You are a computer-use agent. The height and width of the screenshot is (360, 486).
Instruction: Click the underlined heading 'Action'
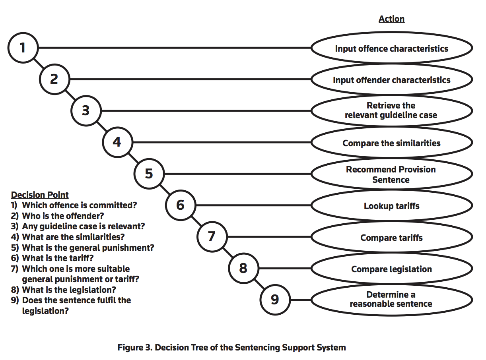click(392, 19)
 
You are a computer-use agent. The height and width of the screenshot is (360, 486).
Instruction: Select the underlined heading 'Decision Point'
click(40, 195)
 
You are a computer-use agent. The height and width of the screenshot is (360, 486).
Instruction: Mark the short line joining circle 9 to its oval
click(301, 300)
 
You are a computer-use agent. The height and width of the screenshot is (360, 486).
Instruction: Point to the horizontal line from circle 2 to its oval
click(190, 79)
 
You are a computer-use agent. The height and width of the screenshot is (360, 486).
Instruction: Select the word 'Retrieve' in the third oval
click(379, 106)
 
